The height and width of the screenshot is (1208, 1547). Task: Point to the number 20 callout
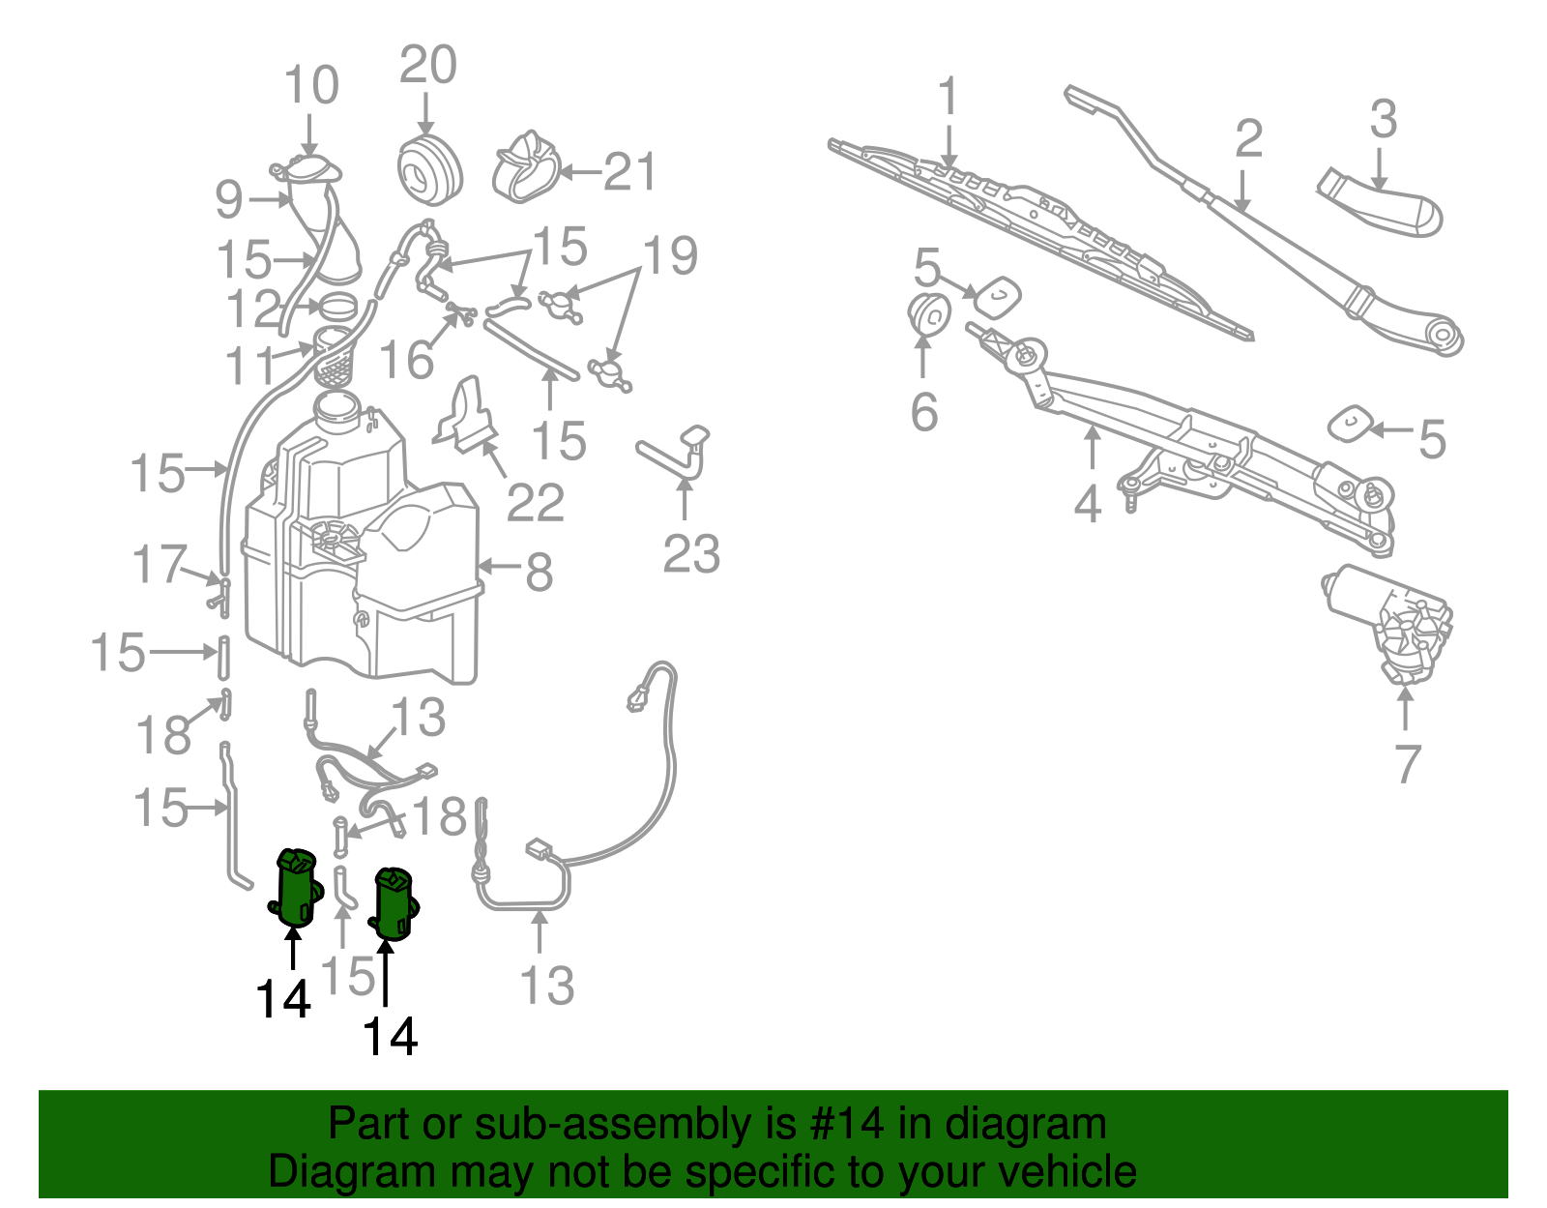[428, 65]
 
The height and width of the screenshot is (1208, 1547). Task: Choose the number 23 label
[691, 554]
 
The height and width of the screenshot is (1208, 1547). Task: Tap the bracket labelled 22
[466, 416]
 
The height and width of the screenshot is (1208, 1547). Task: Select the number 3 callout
[1384, 119]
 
